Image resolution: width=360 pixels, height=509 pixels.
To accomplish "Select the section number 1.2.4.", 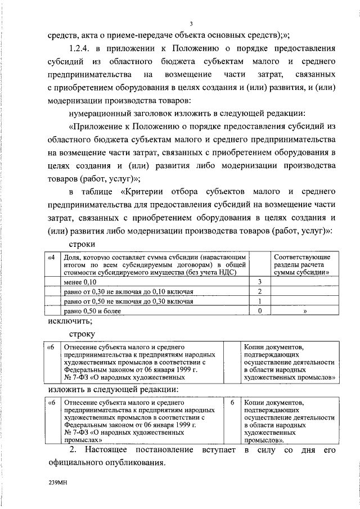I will point(82,48).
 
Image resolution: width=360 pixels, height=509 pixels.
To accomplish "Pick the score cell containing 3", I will point(259,281).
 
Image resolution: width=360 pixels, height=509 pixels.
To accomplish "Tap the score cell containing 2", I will point(259,291).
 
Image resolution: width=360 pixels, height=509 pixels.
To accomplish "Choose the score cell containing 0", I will point(259,310).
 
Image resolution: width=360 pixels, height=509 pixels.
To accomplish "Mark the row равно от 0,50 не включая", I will point(128,301).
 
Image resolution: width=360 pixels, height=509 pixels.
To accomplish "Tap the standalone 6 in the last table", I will point(232,403).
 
